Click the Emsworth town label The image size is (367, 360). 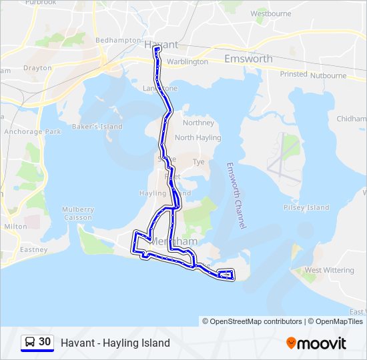pos(248,59)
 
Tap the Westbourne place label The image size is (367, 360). pos(271,13)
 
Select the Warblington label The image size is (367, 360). pos(188,61)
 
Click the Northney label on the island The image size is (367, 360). pos(198,123)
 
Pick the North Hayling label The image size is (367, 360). pos(198,137)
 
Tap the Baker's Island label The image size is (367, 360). pos(97,127)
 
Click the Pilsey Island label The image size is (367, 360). pos(306,207)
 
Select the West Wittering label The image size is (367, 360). pos(329,270)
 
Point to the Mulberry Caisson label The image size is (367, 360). pos(78,213)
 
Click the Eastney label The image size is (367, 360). pos(33,250)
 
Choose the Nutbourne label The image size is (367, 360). pos(328,75)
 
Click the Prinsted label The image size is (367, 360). pos(294,75)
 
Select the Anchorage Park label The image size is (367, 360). pos(32,132)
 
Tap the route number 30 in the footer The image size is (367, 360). pos(45,342)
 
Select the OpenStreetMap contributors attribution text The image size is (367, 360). pos(252,321)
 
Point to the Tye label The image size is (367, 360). pos(198,162)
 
